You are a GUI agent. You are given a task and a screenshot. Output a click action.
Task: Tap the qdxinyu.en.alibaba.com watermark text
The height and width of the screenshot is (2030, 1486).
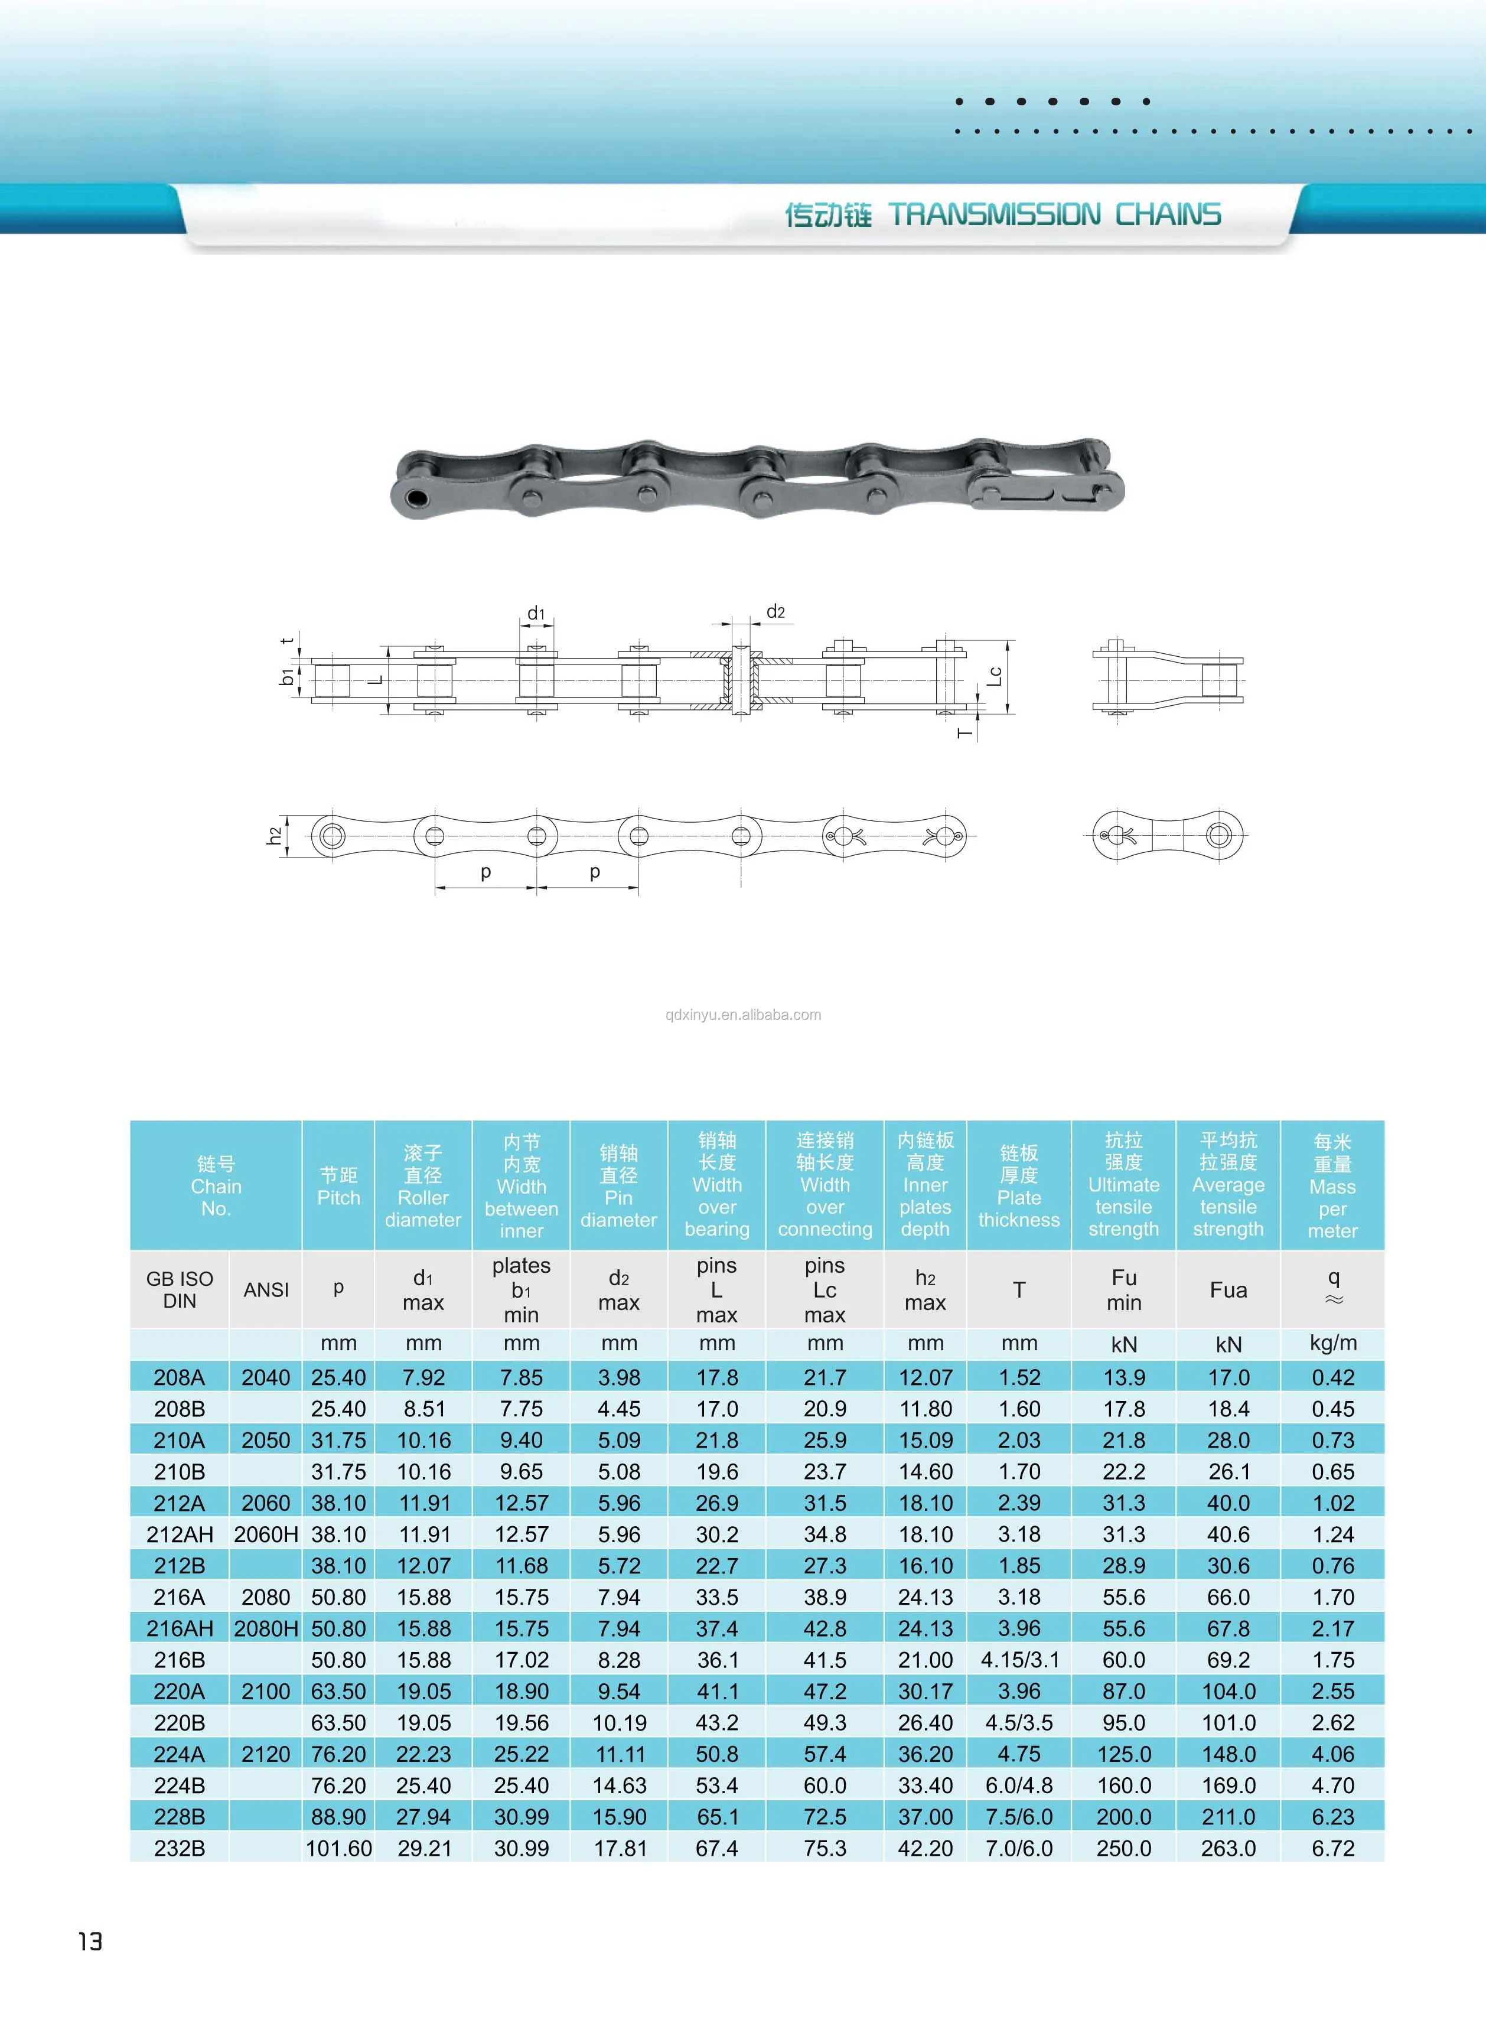click(743, 1015)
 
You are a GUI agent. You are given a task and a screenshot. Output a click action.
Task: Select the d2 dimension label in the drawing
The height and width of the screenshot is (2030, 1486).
click(775, 612)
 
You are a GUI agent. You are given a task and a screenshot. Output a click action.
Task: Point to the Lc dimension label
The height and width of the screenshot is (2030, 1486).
click(994, 676)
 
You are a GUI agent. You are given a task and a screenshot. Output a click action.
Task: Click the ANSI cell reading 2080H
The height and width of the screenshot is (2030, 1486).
click(266, 1628)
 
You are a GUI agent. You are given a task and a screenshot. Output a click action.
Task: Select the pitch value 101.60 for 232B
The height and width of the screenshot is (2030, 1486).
click(338, 1848)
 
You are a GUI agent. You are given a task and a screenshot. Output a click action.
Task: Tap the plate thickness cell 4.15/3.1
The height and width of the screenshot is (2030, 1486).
click(1019, 1660)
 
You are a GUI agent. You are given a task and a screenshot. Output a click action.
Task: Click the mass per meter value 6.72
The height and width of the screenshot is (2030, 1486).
click(1332, 1848)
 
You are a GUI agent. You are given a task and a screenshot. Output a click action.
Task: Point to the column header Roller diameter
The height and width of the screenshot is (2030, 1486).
click(423, 1187)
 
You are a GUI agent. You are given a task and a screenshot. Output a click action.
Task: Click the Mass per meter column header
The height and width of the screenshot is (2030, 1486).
click(1332, 1187)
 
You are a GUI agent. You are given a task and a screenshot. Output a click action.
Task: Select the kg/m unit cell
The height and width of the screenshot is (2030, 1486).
click(1332, 1343)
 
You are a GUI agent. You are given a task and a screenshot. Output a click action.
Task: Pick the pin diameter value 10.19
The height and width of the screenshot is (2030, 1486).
click(619, 1722)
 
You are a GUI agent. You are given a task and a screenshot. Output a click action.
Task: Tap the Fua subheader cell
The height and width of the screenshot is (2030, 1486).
click(1228, 1290)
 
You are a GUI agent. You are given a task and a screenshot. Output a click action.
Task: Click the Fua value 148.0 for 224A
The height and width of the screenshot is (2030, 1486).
click(1228, 1754)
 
